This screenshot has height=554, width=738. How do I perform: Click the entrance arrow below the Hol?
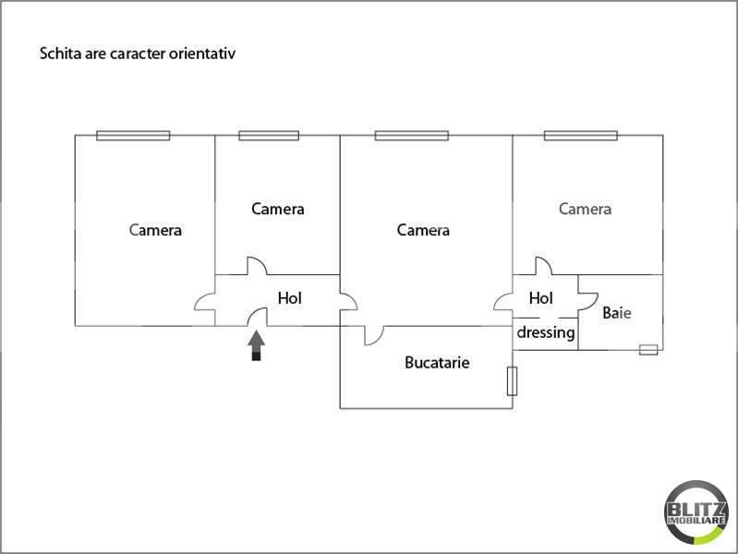(x=257, y=345)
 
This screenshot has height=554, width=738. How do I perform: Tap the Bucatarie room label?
(x=437, y=363)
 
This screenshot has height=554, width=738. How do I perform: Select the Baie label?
(x=617, y=313)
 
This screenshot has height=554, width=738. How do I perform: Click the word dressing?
(x=545, y=332)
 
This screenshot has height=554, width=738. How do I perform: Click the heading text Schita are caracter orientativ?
(x=138, y=54)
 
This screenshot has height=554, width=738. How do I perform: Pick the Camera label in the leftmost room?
(x=156, y=230)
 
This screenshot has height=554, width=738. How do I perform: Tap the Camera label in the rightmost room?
(x=585, y=209)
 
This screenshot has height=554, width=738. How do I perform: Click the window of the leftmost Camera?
(x=133, y=136)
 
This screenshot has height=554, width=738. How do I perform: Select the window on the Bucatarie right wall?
(x=511, y=381)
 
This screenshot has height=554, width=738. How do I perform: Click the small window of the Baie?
(x=648, y=349)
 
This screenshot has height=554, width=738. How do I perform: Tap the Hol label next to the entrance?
(x=290, y=298)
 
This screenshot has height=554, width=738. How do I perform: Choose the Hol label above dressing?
(x=540, y=298)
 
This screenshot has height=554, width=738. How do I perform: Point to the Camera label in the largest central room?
(x=423, y=230)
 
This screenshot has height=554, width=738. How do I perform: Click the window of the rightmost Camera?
(x=580, y=136)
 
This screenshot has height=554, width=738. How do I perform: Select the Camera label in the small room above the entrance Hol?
(x=277, y=209)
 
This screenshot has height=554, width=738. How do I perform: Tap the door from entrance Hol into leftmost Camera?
(x=205, y=302)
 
